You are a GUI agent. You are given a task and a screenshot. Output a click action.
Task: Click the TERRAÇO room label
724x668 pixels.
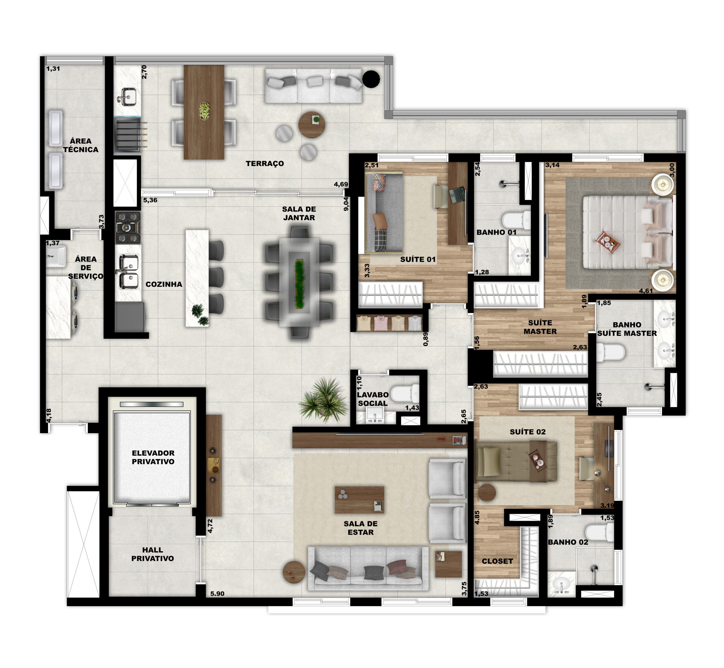click(265, 163)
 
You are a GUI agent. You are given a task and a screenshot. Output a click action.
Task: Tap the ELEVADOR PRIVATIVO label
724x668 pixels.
click(153, 457)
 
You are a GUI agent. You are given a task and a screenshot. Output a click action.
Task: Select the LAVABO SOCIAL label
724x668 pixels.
click(373, 399)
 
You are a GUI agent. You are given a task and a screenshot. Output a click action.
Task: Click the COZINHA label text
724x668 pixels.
click(164, 284)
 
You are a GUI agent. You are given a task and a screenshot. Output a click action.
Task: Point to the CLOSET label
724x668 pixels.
click(497, 561)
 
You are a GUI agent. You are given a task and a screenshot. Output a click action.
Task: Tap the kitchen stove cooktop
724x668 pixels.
click(128, 227)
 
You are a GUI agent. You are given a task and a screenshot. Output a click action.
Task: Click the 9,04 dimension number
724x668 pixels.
click(346, 204)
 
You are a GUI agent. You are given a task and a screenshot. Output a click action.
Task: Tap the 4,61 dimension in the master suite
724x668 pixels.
click(646, 291)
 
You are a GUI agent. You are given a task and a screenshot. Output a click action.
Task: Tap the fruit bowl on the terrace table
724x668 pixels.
click(204, 111)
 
